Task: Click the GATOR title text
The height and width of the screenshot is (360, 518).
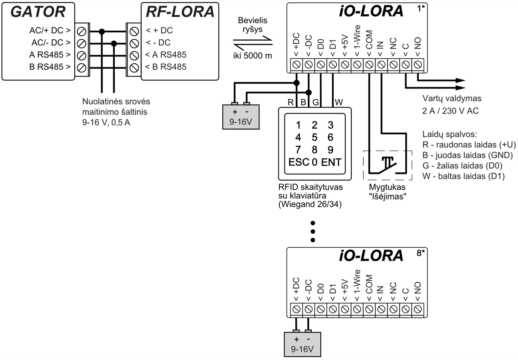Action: click(x=38, y=12)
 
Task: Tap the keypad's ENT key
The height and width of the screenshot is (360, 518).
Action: click(x=331, y=163)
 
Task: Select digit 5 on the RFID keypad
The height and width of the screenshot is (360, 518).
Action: click(x=315, y=138)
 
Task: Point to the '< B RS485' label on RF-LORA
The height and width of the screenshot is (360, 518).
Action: click(x=166, y=67)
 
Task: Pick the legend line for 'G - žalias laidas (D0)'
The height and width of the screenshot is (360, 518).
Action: click(x=464, y=165)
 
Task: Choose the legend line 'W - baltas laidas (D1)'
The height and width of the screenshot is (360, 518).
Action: click(x=464, y=176)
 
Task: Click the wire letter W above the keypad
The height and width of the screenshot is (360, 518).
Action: click(x=339, y=102)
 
